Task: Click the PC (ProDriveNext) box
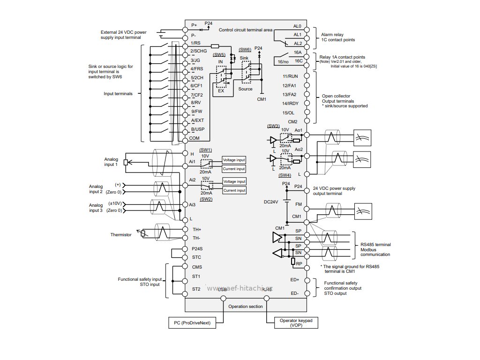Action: (192, 323)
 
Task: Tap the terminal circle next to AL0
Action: (307, 26)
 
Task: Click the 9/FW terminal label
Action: (197, 111)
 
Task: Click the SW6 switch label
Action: (245, 49)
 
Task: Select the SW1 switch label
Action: (205, 149)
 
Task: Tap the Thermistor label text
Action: (121, 234)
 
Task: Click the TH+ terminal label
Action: (196, 229)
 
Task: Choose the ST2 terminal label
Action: (196, 289)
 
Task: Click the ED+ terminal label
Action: (294, 280)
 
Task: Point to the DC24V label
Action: (271, 202)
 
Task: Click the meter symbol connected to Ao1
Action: (362, 137)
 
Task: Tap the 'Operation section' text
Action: (246, 306)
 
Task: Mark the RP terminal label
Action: (299, 264)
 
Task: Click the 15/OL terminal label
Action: (288, 112)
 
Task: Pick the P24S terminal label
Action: (197, 248)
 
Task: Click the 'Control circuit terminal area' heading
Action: (246, 30)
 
